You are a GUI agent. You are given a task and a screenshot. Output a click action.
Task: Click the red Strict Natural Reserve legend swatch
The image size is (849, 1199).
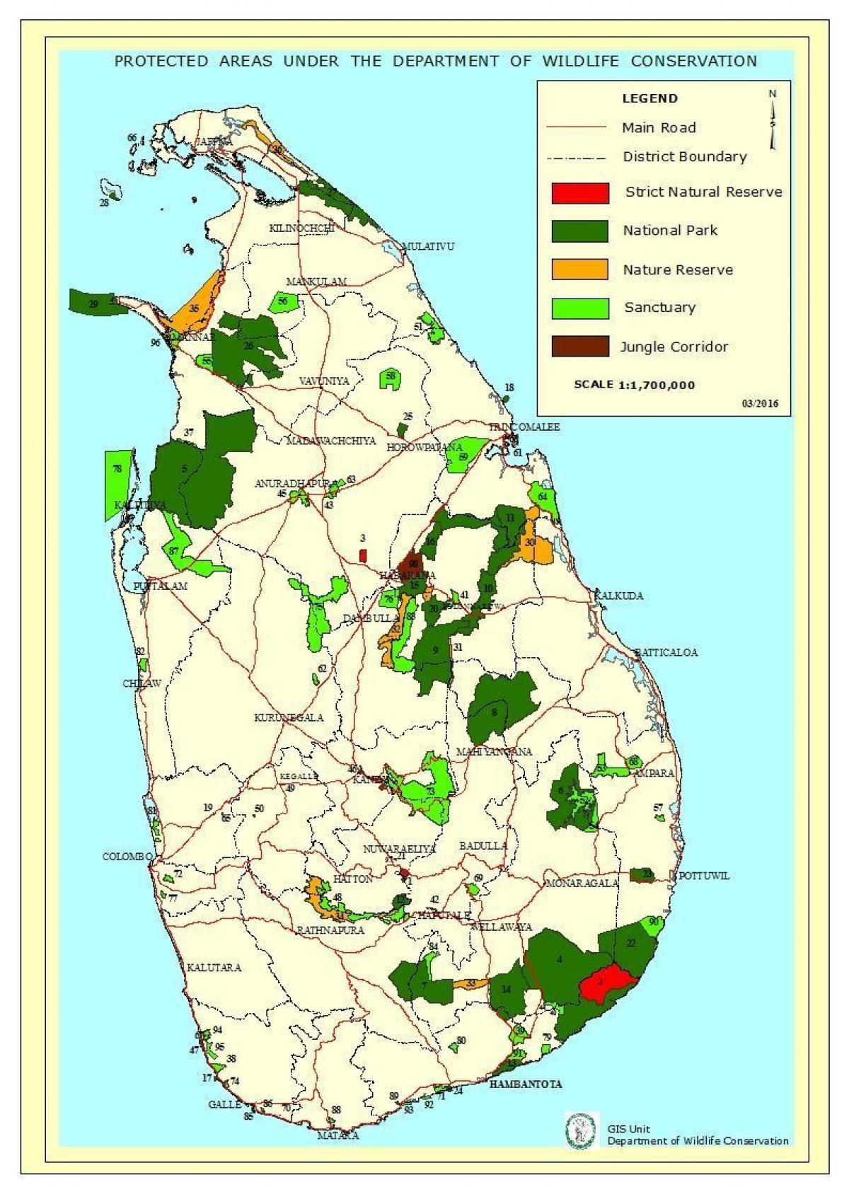pyautogui.click(x=580, y=193)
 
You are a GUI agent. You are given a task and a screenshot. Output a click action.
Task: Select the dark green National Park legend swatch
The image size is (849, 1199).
pyautogui.click(x=580, y=231)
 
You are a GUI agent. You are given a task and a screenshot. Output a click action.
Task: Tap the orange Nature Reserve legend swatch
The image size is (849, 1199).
pyautogui.click(x=580, y=270)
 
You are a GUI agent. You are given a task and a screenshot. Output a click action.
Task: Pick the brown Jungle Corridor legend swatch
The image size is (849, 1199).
pyautogui.click(x=580, y=346)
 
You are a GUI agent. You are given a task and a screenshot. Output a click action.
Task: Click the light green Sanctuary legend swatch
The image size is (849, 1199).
pyautogui.click(x=580, y=308)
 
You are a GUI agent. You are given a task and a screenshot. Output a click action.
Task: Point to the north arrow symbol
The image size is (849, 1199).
pyautogui.click(x=773, y=120)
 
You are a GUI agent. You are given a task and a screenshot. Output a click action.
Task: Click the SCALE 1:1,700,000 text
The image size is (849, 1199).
pyautogui.click(x=634, y=386)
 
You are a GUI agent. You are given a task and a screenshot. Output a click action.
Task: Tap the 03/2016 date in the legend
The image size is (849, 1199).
pyautogui.click(x=760, y=403)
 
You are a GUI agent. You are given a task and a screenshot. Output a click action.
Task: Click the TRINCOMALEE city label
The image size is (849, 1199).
pyautogui.click(x=524, y=427)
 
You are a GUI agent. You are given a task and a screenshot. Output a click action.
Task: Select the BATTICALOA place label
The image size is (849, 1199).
pyautogui.click(x=666, y=652)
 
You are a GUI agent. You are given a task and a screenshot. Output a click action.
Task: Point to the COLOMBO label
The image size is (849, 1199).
pyautogui.click(x=127, y=857)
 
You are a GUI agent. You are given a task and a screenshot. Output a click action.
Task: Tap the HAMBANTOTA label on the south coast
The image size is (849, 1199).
pyautogui.click(x=526, y=1084)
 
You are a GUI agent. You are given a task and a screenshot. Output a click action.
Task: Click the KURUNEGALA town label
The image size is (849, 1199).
pyautogui.click(x=289, y=717)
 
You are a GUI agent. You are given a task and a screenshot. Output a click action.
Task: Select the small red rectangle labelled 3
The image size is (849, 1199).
pyautogui.click(x=363, y=556)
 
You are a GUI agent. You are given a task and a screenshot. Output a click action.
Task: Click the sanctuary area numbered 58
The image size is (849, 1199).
pyautogui.click(x=391, y=379)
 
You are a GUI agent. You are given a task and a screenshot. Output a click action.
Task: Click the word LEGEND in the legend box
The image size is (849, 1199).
pyautogui.click(x=649, y=99)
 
